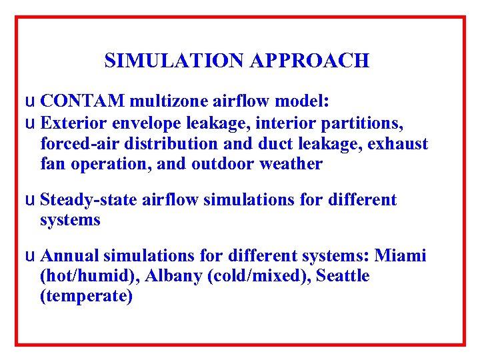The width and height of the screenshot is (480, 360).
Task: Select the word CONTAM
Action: tap(83, 102)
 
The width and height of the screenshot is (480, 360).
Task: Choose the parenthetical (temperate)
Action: tap(87, 296)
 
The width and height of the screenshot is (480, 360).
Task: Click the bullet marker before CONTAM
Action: tap(27, 102)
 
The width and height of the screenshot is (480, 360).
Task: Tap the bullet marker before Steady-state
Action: tap(27, 200)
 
